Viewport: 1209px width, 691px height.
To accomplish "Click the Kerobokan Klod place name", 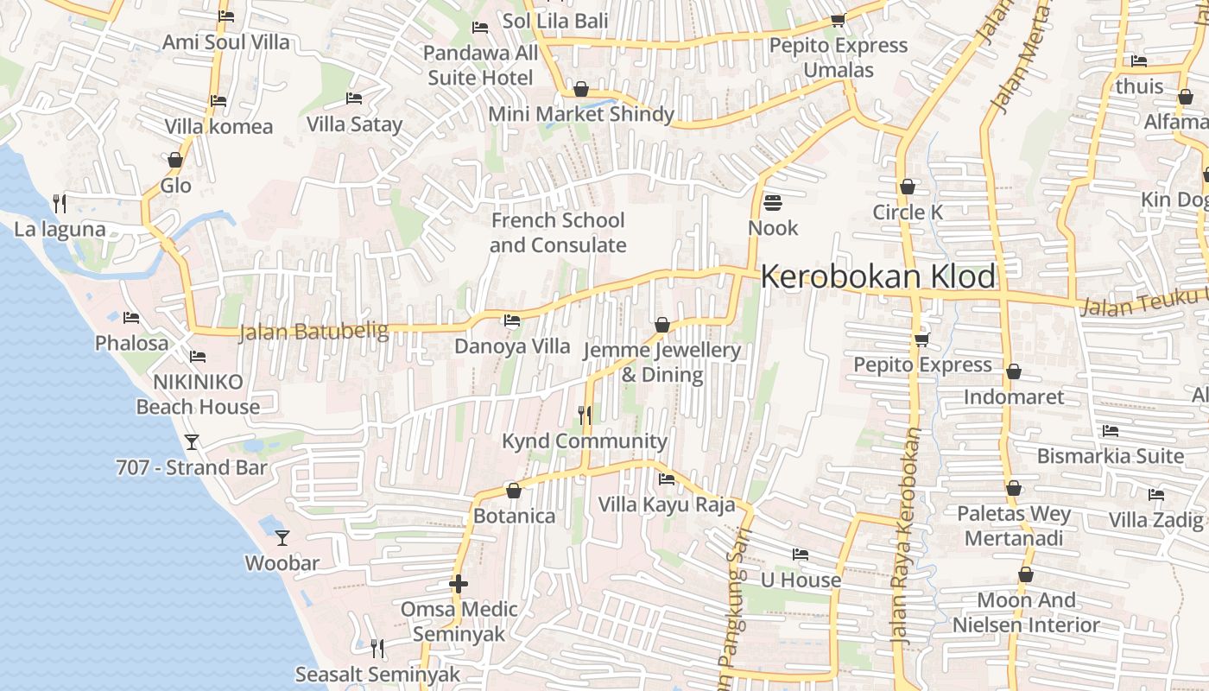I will [877, 276].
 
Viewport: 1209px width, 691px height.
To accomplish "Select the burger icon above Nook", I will [773, 203].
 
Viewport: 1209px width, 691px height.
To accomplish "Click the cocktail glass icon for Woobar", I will [282, 538].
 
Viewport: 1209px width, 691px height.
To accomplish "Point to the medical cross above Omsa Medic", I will [459, 584].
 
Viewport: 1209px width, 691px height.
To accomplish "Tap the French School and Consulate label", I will [558, 232].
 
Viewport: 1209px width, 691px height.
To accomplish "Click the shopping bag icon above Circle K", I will [908, 187].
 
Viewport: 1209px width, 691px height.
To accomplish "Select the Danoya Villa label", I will [512, 346].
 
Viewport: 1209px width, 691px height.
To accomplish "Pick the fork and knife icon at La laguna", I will [60, 204].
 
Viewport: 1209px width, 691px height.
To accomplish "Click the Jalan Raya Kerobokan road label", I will [905, 536].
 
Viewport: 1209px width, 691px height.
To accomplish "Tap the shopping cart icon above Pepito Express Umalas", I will [837, 20].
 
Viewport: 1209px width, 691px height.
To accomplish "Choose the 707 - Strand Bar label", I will [192, 467].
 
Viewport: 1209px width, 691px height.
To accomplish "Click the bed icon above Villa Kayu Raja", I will [667, 479].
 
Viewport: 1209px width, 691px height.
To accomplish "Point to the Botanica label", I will [514, 516].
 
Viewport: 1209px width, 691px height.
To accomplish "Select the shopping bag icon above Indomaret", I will [1014, 372].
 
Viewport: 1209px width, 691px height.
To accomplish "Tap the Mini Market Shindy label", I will [581, 114].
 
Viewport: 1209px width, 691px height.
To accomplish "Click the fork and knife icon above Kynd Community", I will [585, 415].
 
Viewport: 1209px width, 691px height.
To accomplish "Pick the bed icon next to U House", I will [801, 555].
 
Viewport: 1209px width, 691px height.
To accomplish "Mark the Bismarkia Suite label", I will [1111, 455].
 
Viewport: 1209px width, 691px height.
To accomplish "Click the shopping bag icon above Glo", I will [175, 160].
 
